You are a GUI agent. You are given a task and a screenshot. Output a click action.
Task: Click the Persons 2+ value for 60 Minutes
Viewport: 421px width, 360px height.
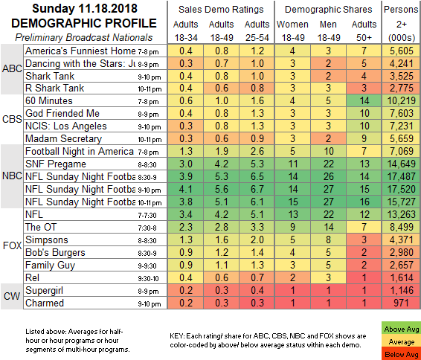[402, 100]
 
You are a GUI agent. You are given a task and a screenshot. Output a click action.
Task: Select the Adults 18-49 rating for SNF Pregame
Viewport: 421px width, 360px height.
[221, 164]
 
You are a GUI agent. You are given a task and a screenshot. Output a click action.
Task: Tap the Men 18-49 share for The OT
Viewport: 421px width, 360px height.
[328, 227]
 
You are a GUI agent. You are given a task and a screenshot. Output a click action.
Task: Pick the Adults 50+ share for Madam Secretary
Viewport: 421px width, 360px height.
[364, 138]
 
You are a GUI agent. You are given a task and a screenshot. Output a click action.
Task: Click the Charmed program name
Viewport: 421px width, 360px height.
[45, 303]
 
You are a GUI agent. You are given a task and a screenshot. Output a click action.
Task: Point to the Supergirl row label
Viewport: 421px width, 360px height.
[44, 291]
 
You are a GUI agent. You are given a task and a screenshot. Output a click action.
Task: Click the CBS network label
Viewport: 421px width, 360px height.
[12, 119]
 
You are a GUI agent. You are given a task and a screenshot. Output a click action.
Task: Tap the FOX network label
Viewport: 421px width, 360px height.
[12, 245]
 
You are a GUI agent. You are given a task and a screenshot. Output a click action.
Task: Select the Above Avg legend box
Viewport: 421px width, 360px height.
[401, 329]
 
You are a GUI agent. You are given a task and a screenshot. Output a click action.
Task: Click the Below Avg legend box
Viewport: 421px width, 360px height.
[401, 354]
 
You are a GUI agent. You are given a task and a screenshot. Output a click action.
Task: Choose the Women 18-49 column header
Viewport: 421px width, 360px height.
[292, 31]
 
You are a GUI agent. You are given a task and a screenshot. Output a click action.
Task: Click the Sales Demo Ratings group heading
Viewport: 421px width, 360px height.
[221, 10]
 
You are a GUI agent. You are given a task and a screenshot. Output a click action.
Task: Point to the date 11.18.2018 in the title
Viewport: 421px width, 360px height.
[108, 9]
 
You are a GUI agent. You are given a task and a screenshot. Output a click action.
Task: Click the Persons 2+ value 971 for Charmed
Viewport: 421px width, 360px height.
[402, 303]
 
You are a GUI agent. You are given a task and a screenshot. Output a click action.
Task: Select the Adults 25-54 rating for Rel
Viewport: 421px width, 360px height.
[257, 277]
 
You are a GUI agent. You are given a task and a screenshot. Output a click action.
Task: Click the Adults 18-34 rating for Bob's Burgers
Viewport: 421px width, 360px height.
[185, 252]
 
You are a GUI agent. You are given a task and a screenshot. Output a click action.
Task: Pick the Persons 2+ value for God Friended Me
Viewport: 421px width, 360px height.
[402, 113]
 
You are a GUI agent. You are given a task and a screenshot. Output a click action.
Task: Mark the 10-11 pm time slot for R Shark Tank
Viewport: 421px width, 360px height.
[150, 89]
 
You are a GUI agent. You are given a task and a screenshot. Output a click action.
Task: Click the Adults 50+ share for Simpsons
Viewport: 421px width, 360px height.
[364, 240]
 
